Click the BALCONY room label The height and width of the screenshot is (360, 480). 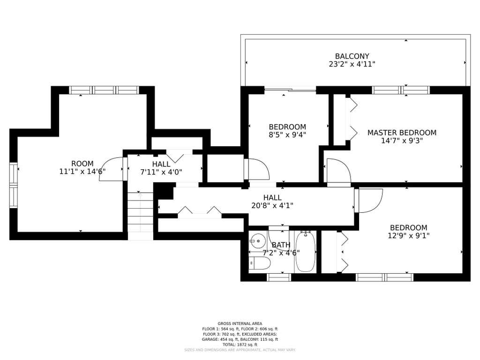tap(352, 56)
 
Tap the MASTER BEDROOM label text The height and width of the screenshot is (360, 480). tap(402, 133)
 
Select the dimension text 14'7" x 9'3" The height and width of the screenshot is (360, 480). tap(402, 141)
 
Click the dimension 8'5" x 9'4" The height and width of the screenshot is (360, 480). tap(287, 135)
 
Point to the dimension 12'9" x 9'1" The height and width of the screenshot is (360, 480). tap(409, 236)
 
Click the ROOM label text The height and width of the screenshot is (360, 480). tap(82, 164)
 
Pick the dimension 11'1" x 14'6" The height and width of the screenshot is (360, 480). tap(82, 172)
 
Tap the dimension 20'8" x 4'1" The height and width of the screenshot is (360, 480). tap(272, 206)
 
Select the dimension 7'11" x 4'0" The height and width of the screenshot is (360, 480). tap(161, 172)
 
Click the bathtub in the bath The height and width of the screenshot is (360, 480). tap(306, 252)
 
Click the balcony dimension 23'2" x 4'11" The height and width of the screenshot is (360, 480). tap(352, 64)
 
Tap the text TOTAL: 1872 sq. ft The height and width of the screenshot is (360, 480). tap(240, 345)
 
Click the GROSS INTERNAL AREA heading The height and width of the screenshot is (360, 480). tap(240, 323)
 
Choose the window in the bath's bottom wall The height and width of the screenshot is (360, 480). tap(279, 277)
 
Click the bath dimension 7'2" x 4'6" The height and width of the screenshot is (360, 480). tap(281, 253)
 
